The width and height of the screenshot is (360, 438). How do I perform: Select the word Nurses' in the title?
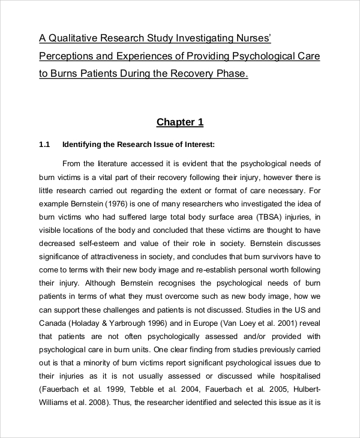pos(252,39)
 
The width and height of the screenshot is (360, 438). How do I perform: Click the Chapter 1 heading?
pos(180,122)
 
